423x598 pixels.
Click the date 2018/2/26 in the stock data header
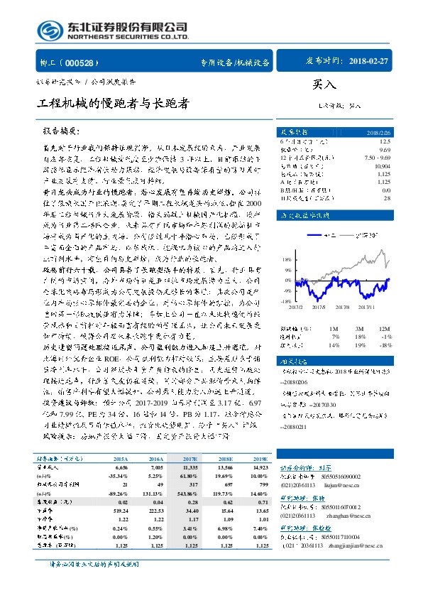[x=397, y=132]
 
